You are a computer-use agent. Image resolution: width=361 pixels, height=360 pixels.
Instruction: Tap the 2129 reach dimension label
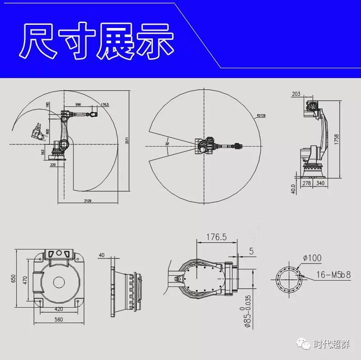(88, 200)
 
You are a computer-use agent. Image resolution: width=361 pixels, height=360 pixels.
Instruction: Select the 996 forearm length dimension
(78, 104)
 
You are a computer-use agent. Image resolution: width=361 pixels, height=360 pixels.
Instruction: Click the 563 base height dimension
(43, 152)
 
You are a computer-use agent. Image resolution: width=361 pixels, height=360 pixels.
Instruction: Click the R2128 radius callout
(261, 116)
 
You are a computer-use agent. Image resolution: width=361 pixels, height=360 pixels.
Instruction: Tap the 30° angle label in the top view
(167, 144)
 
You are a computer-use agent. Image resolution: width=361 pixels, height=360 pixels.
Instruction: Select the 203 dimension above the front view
(296, 94)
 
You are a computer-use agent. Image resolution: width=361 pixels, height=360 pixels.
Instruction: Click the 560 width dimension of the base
(59, 319)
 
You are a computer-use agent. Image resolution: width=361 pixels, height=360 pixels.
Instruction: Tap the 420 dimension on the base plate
(59, 309)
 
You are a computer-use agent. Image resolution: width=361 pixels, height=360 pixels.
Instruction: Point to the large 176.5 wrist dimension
(216, 237)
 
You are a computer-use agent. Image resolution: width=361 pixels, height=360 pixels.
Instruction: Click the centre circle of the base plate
(59, 283)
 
